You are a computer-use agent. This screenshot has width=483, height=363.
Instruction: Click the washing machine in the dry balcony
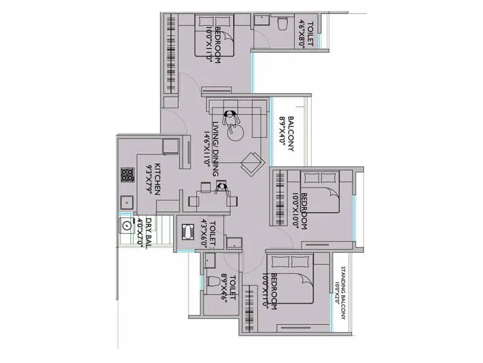[127, 225]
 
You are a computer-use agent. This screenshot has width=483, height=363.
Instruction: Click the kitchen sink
[127, 203]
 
